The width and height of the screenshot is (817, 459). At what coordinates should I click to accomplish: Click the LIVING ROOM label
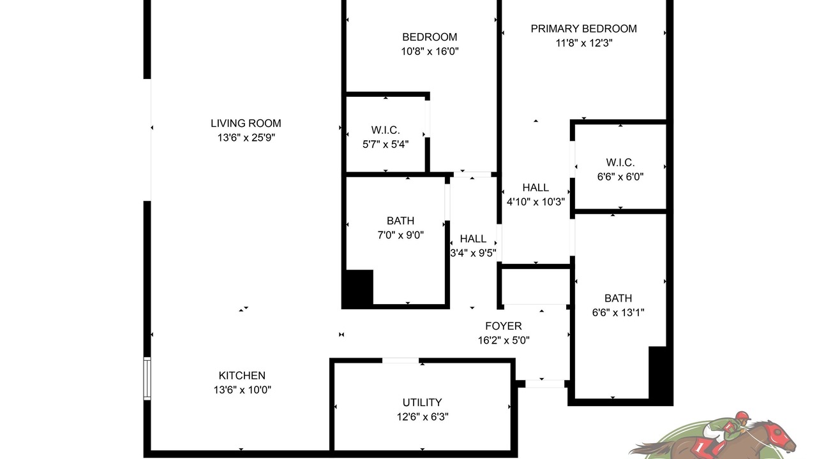click(246, 123)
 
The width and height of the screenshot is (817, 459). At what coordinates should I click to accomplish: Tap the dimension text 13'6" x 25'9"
click(246, 138)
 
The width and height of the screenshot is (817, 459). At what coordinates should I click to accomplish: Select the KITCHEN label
click(242, 375)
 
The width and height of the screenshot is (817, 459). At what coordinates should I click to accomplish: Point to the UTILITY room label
click(423, 402)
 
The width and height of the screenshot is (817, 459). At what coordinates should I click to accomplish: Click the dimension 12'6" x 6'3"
click(423, 417)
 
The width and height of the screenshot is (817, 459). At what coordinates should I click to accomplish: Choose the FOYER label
click(504, 326)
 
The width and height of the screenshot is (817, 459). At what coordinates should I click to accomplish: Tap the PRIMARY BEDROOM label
click(584, 29)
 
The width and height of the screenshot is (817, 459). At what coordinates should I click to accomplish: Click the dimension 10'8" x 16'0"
click(430, 52)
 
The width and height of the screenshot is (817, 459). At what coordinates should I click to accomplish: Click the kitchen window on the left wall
click(147, 379)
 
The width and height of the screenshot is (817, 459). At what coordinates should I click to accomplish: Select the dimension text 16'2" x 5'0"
click(504, 340)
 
